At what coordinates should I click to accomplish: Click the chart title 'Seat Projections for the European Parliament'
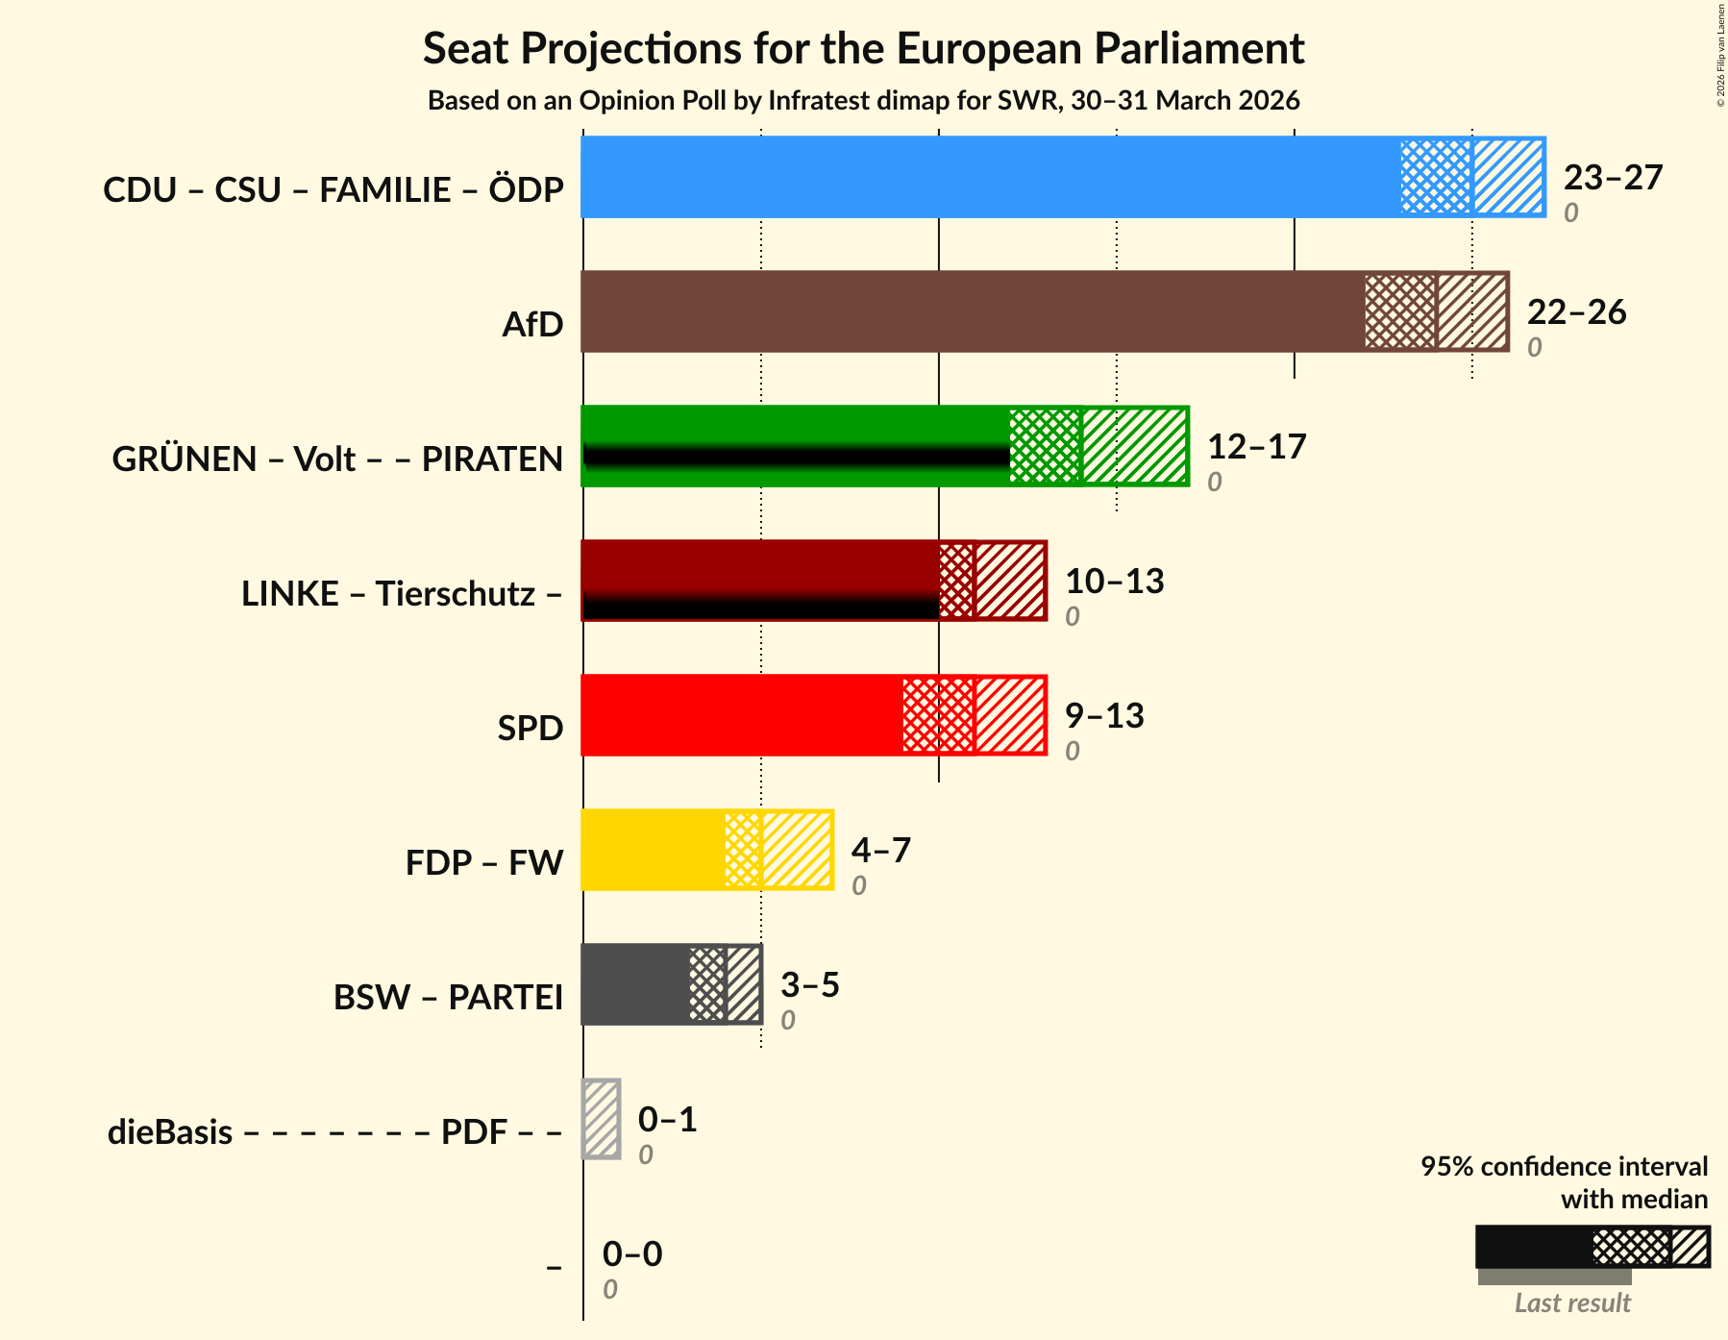click(863, 49)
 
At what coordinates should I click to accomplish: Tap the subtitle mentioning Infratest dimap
click(863, 101)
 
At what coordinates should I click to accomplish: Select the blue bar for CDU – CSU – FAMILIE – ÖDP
click(990, 177)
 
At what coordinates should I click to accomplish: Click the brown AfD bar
click(971, 311)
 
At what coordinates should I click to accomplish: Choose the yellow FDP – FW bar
click(654, 850)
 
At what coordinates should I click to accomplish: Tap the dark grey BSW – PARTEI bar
click(635, 984)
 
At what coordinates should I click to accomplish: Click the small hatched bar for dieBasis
click(602, 1119)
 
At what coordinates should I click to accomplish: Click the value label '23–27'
click(1613, 178)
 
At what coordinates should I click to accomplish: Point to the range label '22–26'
click(1576, 312)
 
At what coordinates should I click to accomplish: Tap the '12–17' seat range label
click(1256, 447)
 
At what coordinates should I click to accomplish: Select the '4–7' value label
click(880, 851)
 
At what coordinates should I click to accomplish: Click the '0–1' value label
click(667, 1120)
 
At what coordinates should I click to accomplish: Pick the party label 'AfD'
click(532, 325)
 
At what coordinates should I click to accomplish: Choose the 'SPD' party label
click(530, 729)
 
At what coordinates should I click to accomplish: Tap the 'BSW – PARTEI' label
click(448, 998)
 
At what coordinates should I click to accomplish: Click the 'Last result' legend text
click(1572, 1303)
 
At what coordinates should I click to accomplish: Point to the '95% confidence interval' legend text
click(1564, 1167)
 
